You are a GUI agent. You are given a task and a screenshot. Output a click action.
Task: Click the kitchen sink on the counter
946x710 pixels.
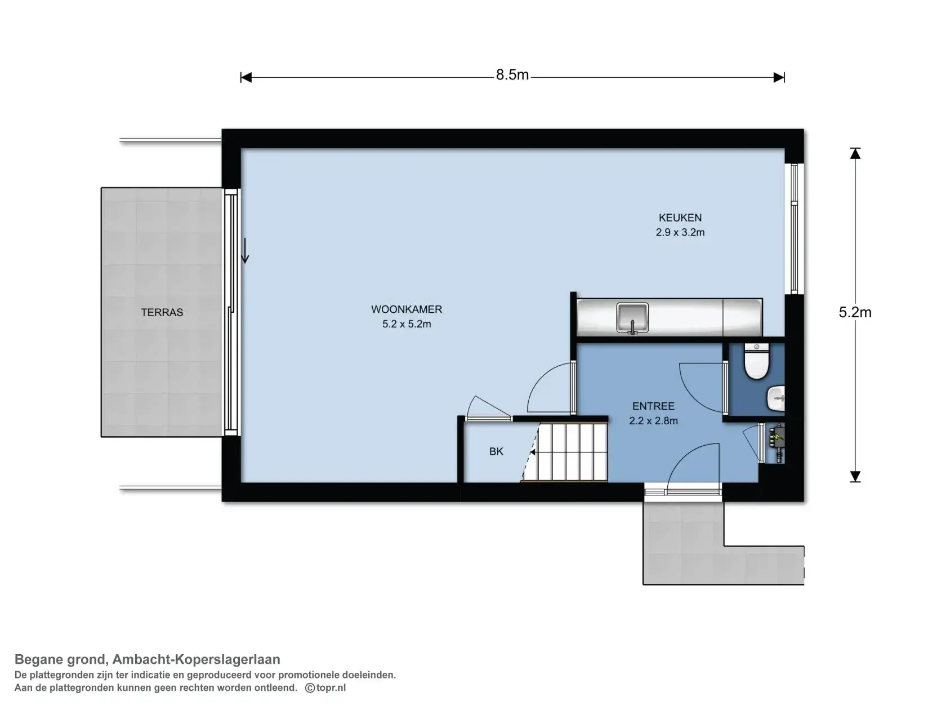tap(632, 318)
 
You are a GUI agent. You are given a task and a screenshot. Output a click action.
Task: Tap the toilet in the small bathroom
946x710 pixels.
tap(756, 361)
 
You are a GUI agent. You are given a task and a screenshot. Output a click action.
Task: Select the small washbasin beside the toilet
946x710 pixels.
tap(776, 398)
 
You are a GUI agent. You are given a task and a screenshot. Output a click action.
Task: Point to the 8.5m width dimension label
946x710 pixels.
tap(512, 75)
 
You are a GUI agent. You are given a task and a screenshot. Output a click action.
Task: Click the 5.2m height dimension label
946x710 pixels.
tap(855, 312)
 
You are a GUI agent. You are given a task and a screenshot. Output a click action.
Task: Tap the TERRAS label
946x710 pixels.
tap(162, 312)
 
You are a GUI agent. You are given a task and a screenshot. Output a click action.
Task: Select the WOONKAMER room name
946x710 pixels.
tap(407, 309)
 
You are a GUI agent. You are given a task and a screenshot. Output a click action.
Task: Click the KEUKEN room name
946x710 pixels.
tap(680, 218)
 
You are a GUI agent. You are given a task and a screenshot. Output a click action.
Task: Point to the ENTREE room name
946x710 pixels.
tap(653, 406)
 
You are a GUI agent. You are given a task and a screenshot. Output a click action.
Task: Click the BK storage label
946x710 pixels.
tap(496, 451)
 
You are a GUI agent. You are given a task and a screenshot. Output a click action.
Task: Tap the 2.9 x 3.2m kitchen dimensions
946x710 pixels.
tap(680, 232)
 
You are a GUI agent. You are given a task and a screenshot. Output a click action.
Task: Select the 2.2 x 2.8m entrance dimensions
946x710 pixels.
tap(653, 421)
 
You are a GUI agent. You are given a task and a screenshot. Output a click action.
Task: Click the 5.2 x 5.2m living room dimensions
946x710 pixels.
tap(407, 324)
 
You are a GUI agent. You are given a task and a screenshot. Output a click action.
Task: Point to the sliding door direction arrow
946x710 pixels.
tap(245, 250)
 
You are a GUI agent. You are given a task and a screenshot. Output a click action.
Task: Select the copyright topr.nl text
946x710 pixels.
tap(325, 687)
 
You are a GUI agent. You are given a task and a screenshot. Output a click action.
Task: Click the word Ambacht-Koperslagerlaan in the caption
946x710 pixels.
tap(196, 659)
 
